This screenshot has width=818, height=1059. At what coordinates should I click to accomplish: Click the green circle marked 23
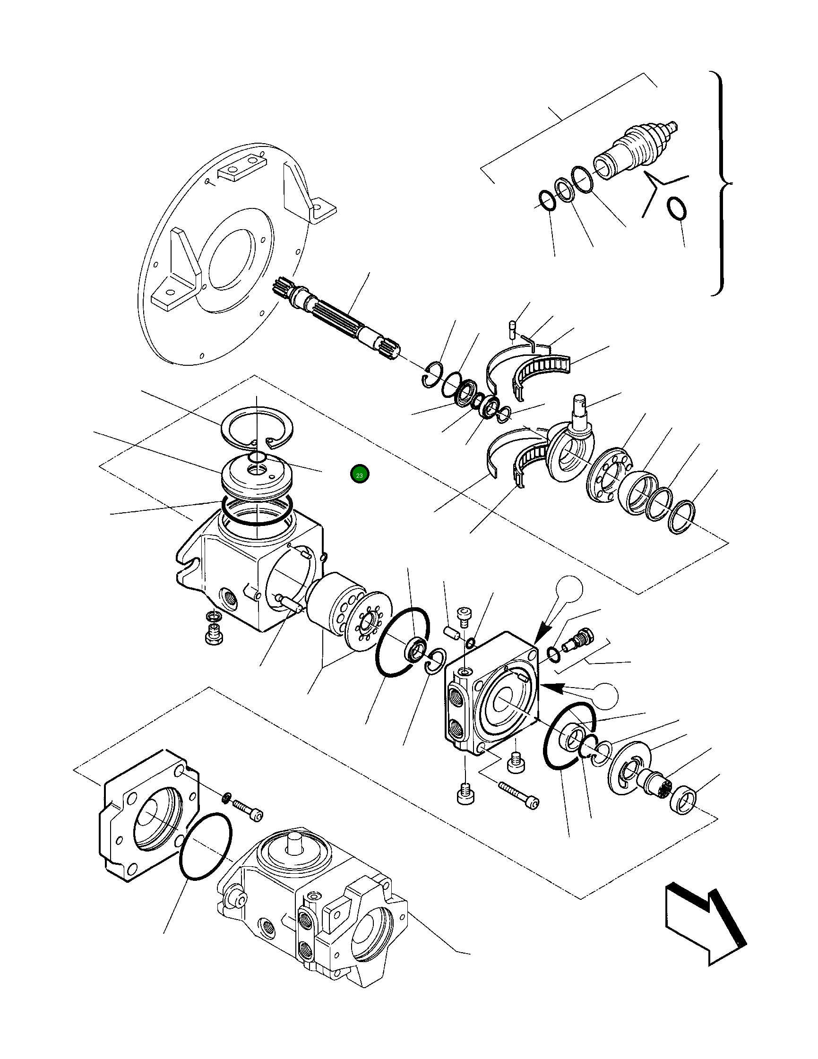pyautogui.click(x=359, y=475)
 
